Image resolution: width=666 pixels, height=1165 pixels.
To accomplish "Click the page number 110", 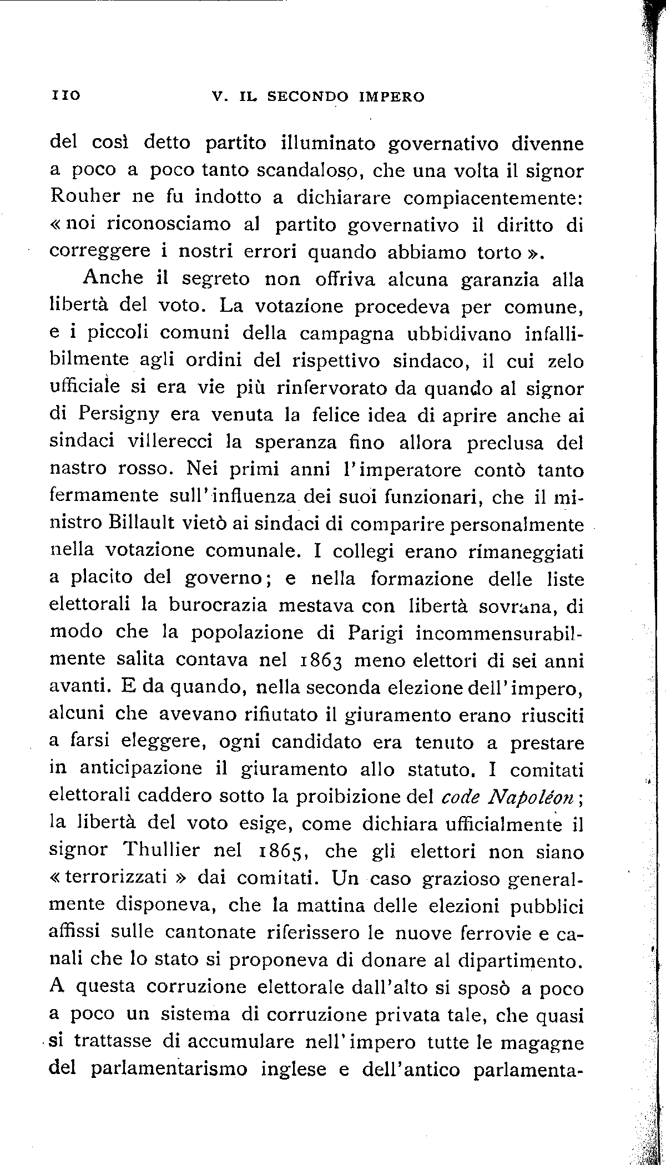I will tap(66, 95).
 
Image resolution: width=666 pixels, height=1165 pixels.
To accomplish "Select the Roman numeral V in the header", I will tap(218, 97).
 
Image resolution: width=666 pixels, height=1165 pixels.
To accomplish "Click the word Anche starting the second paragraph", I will tap(114, 279).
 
